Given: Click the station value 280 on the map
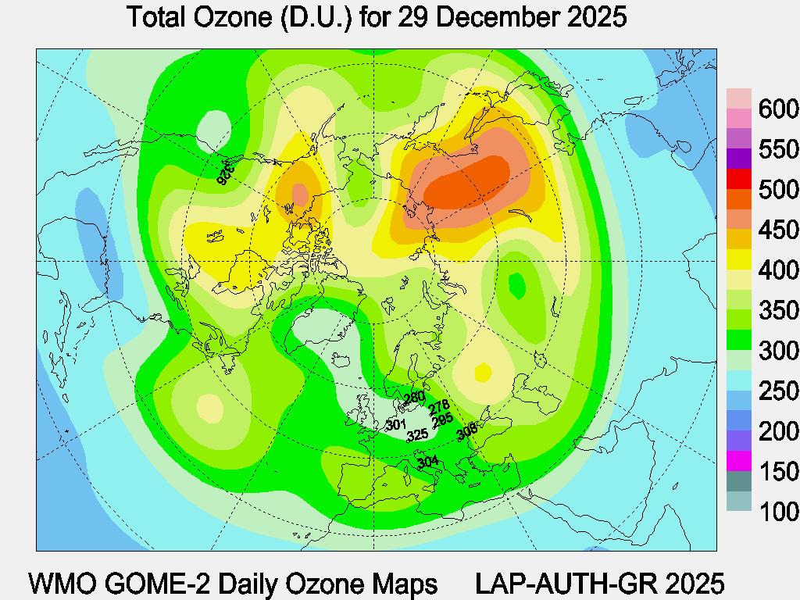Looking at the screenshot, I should [x=414, y=398].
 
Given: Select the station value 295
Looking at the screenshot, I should [x=442, y=420].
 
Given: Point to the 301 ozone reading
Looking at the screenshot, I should [x=396, y=425].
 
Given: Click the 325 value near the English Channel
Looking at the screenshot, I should [x=418, y=434].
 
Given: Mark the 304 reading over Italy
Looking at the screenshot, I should [x=427, y=462].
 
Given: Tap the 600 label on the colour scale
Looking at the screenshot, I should [x=778, y=109].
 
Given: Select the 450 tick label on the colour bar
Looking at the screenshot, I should [x=778, y=230].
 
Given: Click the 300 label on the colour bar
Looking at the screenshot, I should [x=778, y=351].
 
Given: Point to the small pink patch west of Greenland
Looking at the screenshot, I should [x=300, y=193].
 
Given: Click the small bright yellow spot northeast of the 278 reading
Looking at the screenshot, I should [x=484, y=372].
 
